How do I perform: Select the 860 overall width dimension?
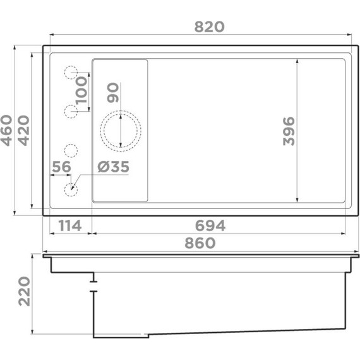point(200,243)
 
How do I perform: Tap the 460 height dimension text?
point(7,131)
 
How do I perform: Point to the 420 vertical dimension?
point(23,131)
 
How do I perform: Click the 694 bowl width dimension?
point(210,225)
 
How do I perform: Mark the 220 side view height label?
point(24,291)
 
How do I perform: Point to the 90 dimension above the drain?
point(113,92)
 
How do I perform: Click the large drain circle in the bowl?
point(120,130)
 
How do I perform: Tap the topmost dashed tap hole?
point(71,73)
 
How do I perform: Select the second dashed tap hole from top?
point(71,112)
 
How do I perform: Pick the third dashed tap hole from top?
point(71,150)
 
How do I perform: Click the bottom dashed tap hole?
point(71,188)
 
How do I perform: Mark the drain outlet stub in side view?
point(93,284)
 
